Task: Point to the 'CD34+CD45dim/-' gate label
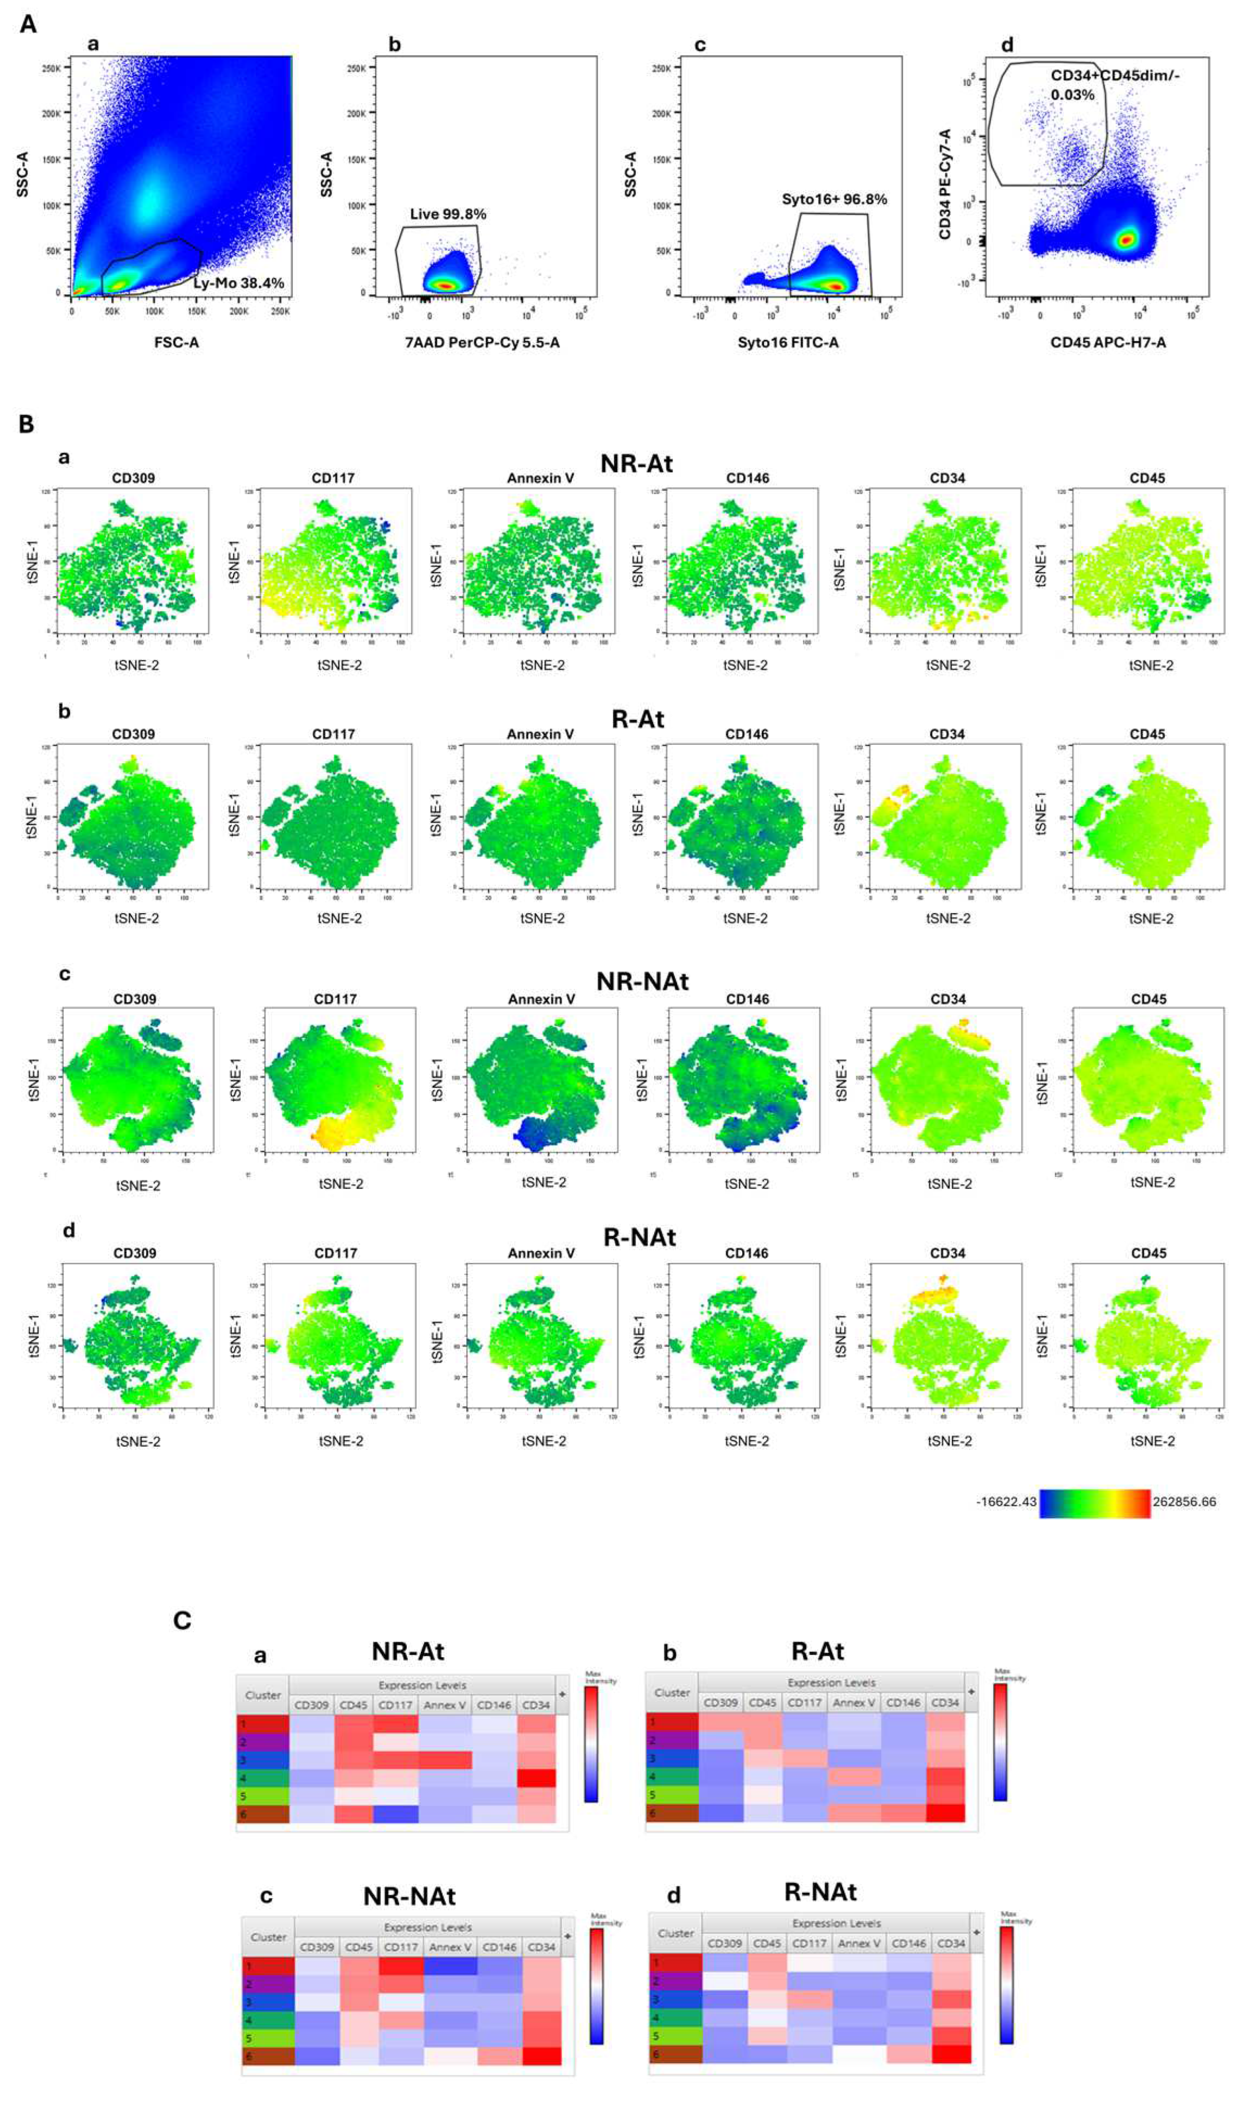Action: pyautogui.click(x=1114, y=75)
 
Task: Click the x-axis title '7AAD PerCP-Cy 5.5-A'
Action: pyautogui.click(x=482, y=342)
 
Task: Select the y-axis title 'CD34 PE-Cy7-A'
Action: pyautogui.click(x=945, y=184)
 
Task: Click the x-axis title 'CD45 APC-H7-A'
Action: pyautogui.click(x=1107, y=342)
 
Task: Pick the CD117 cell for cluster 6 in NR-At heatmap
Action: pyautogui.click(x=395, y=1814)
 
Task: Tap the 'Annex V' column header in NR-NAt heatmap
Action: pyautogui.click(x=450, y=1947)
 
